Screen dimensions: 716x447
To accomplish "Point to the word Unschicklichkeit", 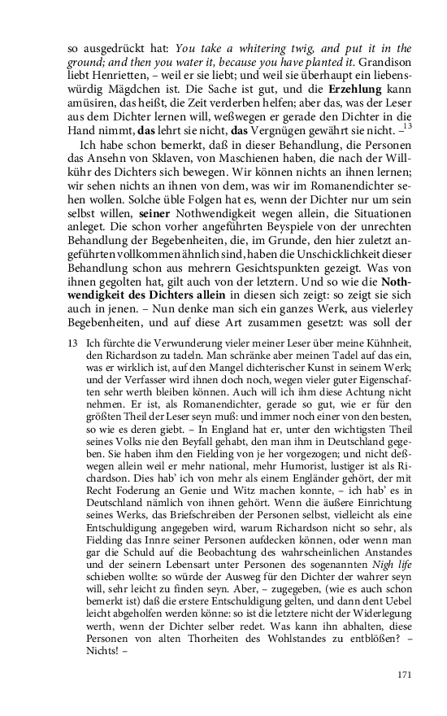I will click(x=312, y=262).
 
